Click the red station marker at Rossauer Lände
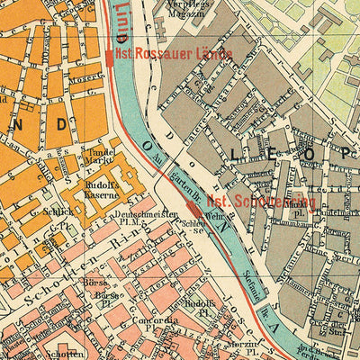110,57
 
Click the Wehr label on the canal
212,217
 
